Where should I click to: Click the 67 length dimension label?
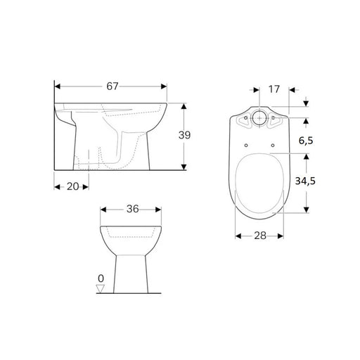click(x=112, y=86)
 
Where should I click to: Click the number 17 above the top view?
click(x=275, y=90)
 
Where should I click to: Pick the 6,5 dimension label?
click(x=304, y=141)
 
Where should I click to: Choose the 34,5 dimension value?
click(x=304, y=181)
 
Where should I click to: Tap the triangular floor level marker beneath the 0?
click(x=101, y=288)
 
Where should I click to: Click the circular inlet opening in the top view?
click(x=258, y=119)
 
